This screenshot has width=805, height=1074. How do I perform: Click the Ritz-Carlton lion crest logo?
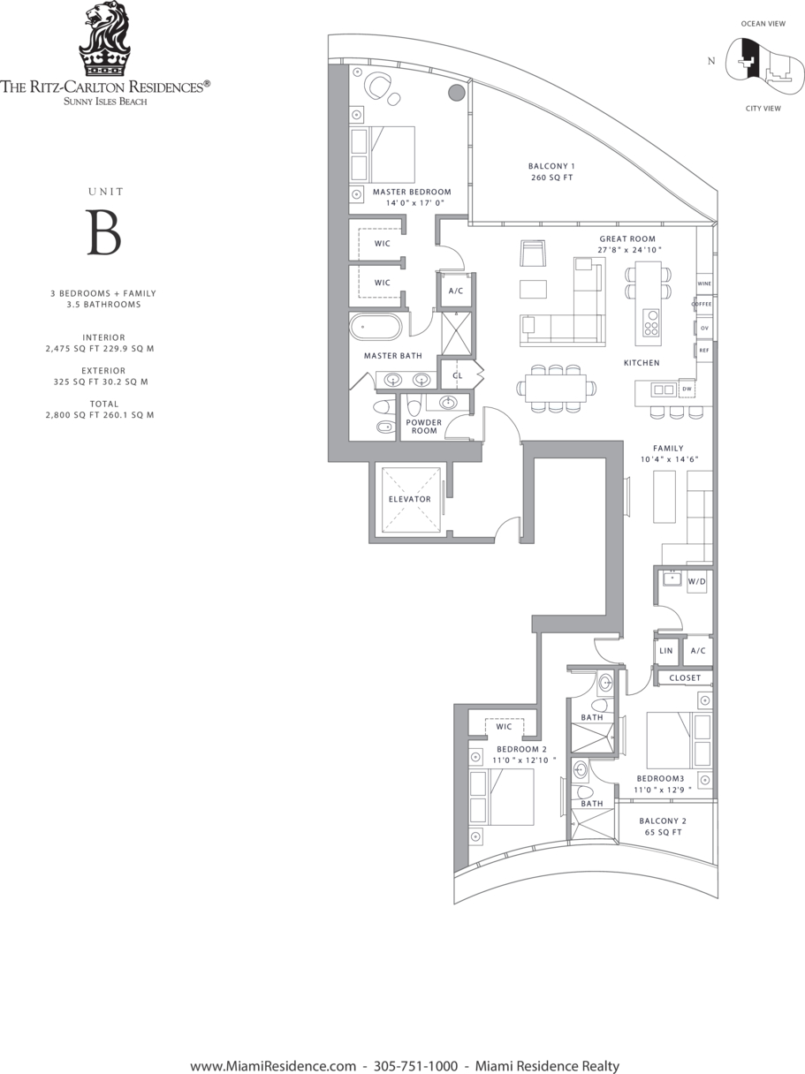pyautogui.click(x=104, y=39)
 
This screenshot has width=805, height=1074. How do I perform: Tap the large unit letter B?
pyautogui.click(x=103, y=232)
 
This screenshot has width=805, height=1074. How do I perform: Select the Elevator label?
pyautogui.click(x=410, y=499)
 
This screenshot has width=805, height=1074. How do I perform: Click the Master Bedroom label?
pyautogui.click(x=412, y=192)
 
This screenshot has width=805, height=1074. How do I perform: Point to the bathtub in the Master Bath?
pyautogui.click(x=376, y=327)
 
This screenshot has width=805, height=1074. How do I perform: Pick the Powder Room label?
pyautogui.click(x=424, y=427)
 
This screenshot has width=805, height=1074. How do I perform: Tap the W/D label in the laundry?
pyautogui.click(x=697, y=581)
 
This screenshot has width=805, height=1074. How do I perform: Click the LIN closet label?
pyautogui.click(x=666, y=651)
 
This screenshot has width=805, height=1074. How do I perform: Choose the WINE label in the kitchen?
pyautogui.click(x=704, y=284)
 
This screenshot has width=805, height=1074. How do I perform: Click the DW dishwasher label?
pyautogui.click(x=687, y=389)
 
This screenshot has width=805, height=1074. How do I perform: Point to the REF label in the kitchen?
pyautogui.click(x=704, y=351)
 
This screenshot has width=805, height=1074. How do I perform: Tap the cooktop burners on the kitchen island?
pyautogui.click(x=651, y=322)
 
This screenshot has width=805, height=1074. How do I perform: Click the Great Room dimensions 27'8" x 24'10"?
pyautogui.click(x=629, y=250)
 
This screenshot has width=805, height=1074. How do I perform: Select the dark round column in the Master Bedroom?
pyautogui.click(x=457, y=93)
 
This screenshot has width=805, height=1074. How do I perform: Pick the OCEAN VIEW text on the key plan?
pyautogui.click(x=763, y=24)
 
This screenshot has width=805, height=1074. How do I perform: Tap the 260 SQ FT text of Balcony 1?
pyautogui.click(x=552, y=178)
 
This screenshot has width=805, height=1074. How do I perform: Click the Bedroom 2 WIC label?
pyautogui.click(x=504, y=727)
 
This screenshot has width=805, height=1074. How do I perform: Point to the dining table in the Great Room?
pyautogui.click(x=556, y=388)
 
